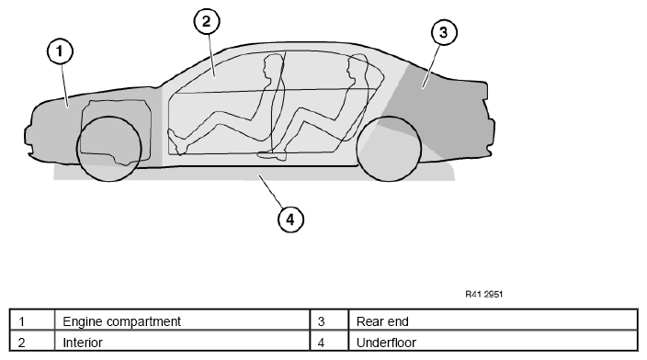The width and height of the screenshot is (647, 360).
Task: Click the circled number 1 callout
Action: pos(61,51)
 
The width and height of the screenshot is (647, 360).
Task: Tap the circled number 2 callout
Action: pos(207,21)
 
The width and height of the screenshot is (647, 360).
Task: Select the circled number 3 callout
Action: pos(444,32)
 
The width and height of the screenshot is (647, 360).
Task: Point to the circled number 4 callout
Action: pos(291,219)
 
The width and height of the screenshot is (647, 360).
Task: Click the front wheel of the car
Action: pos(109,149)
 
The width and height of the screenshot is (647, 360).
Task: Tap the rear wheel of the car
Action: pos(389,149)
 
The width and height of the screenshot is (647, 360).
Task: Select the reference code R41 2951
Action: pos(484,294)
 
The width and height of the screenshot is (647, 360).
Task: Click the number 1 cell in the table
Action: pos(32,320)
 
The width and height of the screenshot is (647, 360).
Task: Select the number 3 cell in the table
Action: pos(329,320)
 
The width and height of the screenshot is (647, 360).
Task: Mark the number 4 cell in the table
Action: pos(329,341)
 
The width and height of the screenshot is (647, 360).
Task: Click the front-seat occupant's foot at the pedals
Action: pos(178,142)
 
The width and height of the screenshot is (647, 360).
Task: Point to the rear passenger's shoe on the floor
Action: pos(272,155)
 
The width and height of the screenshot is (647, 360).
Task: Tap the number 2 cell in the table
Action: pos(32,341)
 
